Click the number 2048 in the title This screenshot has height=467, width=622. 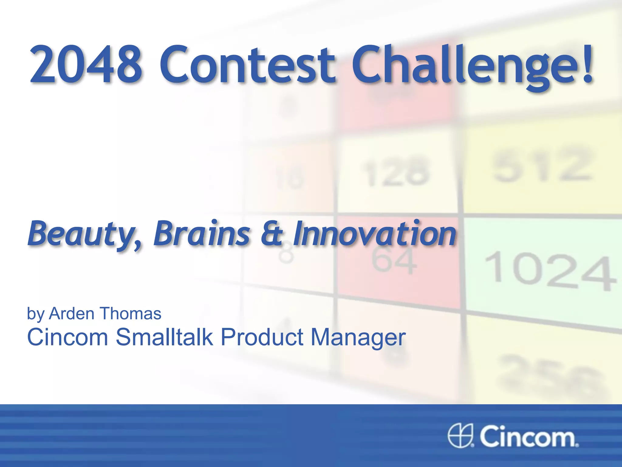(86, 64)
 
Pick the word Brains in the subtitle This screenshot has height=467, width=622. (202, 233)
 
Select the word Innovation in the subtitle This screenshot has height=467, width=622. (374, 233)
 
